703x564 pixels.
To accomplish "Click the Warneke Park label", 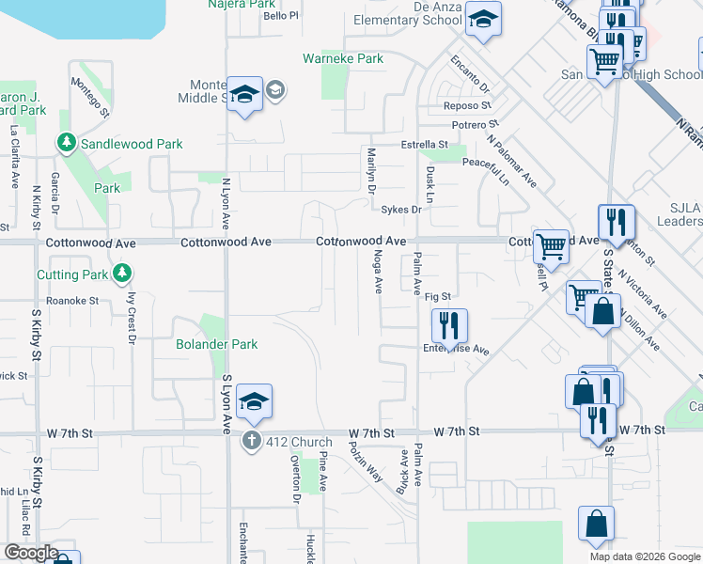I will coord(343,58).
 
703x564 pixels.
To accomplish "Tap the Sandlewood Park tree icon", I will coord(67,144).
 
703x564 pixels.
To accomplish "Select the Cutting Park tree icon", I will coord(120,274).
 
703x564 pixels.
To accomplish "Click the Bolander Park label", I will coord(217,344).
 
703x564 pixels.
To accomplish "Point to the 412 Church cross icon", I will coord(251,442).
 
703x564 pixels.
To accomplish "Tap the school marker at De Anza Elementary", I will coord(483,20).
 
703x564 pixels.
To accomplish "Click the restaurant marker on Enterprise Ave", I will coord(449,326).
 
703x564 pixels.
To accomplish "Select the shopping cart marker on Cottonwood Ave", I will coord(551,245).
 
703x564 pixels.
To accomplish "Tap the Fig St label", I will coord(438,297).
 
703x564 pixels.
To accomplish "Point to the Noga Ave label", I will coord(379,270).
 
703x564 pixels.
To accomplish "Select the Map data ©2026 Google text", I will coord(644,556).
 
